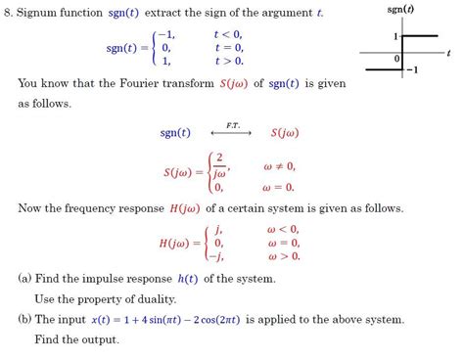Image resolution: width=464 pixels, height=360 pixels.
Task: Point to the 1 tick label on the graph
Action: (396, 36)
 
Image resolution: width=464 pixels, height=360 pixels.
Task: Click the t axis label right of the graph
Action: (447, 52)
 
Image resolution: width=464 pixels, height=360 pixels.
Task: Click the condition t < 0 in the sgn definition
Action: (227, 34)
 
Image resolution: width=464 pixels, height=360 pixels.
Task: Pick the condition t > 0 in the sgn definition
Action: (227, 61)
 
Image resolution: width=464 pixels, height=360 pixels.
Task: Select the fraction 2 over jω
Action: (221, 166)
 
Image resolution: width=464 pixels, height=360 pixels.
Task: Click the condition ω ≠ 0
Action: (279, 165)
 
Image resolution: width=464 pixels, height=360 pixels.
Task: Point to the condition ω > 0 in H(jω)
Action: (283, 256)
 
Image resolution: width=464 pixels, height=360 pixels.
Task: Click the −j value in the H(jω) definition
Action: (217, 256)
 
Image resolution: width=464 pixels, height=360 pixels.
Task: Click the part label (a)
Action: (25, 279)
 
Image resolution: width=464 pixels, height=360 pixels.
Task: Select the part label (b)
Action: (25, 319)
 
